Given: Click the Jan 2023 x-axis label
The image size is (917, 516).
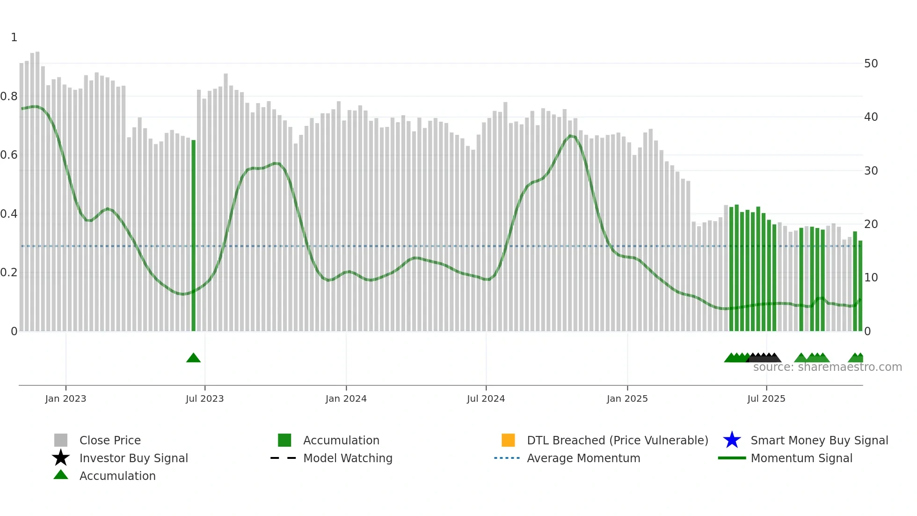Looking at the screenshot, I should pos(65,398).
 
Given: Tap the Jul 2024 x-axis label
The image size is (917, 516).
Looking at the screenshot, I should pos(486,398).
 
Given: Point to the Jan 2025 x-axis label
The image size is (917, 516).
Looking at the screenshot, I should pos(627,398).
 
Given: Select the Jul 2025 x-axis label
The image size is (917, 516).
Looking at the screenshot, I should pos(766,398).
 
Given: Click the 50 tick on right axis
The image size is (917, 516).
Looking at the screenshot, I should pos(871,64).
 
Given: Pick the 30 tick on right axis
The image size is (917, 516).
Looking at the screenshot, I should pos(871,171).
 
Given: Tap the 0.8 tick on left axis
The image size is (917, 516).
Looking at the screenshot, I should pos(9,96).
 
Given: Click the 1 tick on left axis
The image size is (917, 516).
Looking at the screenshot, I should pos(14,37).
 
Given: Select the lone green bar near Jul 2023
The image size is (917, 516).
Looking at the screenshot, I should pos(194,234).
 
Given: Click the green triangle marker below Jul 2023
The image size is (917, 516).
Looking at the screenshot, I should pos(193,358).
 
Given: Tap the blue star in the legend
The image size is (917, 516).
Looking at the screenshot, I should pos(732,440).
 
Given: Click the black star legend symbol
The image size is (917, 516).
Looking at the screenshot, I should pos(61,458).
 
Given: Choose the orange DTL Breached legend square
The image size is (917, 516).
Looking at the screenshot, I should pos(508,440).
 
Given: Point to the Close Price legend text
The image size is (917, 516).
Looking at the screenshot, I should pos(110,440).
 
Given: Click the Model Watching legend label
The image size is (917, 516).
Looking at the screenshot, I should pos(348,458).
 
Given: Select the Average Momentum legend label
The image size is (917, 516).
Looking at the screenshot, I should pos(583,458).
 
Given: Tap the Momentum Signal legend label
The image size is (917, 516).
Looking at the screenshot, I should pos(801,458).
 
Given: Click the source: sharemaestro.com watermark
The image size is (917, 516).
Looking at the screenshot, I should pos(827,367).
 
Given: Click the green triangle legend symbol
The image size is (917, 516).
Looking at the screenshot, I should pos(61,475).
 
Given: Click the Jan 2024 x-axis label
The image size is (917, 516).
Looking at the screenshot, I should pos(346,398).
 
